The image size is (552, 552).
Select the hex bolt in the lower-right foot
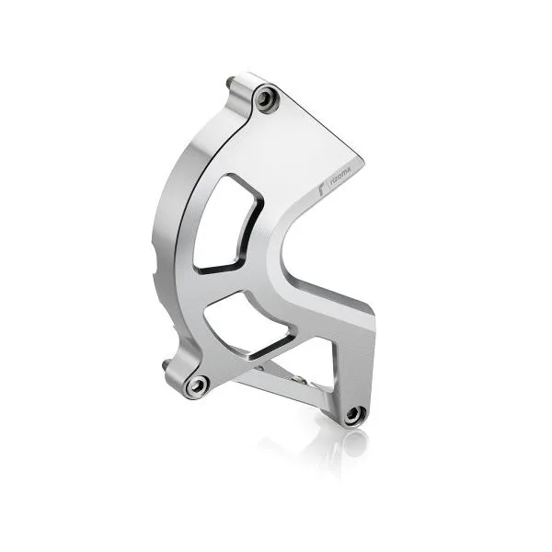(x=353, y=416)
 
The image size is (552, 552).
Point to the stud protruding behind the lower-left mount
(x=167, y=369)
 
